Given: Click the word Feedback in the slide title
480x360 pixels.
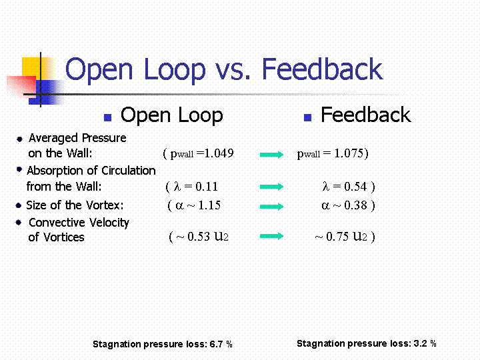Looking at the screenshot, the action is click(322, 69).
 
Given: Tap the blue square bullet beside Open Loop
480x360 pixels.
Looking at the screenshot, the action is click(108, 117).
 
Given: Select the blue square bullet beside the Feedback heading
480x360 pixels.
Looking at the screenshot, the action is click(307, 117).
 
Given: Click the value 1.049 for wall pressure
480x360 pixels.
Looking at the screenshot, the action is click(219, 153).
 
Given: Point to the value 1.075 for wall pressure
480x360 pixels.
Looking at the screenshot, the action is click(349, 153).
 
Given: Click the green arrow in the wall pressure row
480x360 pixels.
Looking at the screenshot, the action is click(272, 155).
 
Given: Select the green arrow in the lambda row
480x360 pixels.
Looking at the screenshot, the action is click(272, 187).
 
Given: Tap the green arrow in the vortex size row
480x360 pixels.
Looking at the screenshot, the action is click(272, 207).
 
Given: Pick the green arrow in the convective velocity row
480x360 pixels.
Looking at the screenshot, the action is click(272, 236).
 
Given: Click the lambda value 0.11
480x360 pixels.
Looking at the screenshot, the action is click(207, 187).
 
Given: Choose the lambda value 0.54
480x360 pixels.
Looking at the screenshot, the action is click(355, 187).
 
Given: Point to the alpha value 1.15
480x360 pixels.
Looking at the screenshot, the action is click(209, 205).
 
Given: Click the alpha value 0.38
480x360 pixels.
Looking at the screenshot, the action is click(355, 205).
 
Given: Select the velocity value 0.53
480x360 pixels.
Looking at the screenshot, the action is click(199, 236).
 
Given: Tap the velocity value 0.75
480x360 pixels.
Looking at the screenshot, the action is click(337, 236).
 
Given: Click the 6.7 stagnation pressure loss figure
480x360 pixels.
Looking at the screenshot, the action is click(216, 344).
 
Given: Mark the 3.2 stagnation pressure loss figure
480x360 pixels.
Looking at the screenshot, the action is click(420, 343).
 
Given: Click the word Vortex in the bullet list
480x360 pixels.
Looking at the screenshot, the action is click(104, 205).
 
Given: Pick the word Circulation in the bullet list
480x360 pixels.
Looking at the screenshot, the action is click(129, 171).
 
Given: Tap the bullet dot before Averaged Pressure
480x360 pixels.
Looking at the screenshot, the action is click(19, 139).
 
